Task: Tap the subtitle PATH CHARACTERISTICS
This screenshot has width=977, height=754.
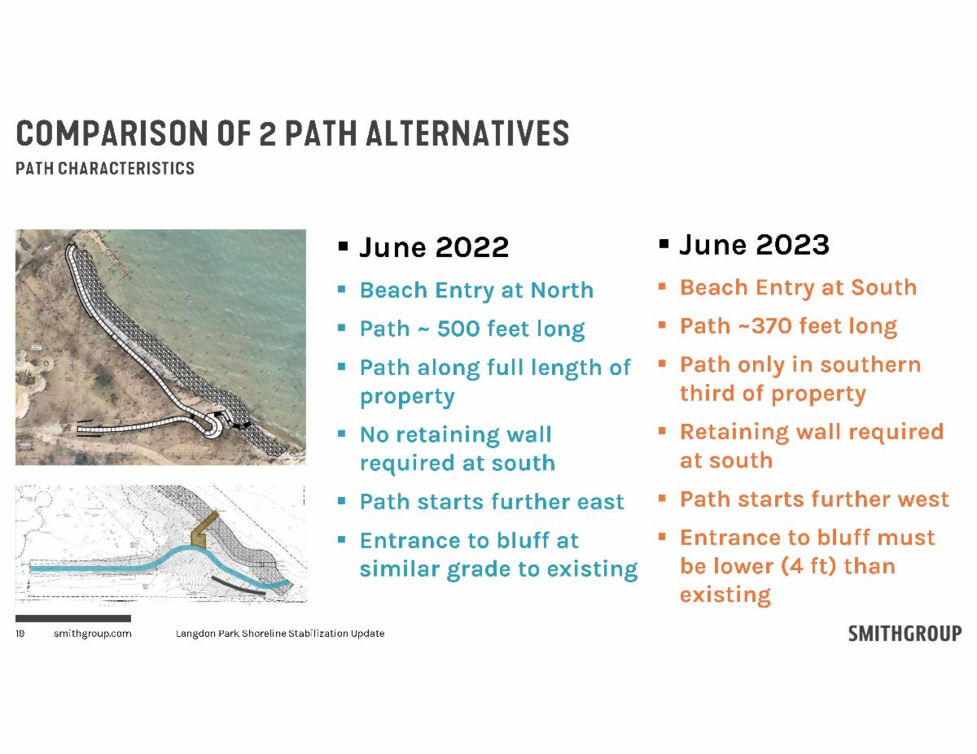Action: pos(105,168)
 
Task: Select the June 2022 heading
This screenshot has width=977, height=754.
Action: pos(434,247)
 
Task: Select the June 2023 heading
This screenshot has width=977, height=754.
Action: pos(754,245)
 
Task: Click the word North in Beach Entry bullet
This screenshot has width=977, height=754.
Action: pos(562,290)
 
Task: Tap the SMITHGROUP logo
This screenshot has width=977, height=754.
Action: pos(905,634)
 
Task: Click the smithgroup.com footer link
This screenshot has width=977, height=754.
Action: pos(93,634)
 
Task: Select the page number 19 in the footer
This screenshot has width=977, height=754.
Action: pos(20,634)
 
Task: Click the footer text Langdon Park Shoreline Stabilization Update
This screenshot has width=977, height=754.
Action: pos(280,634)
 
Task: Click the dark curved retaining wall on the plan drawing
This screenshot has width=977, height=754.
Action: pos(239,586)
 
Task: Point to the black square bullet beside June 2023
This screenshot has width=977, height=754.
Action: pos(664,244)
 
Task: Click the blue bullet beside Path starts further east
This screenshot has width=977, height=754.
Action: pos(342,501)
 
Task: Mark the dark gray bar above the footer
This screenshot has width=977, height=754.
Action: pos(73,618)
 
